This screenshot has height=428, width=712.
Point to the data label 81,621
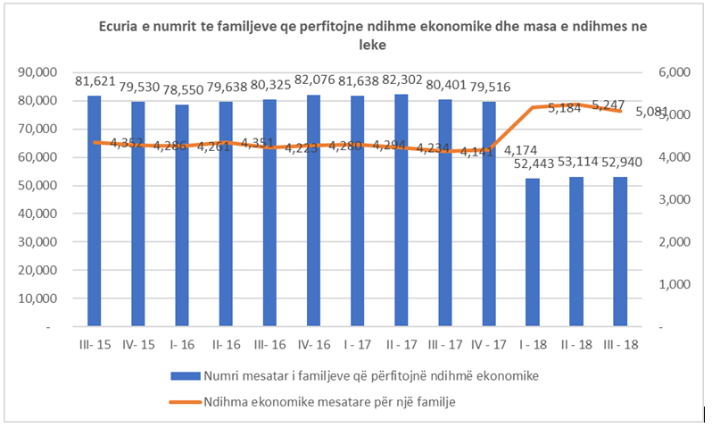click(x=94, y=81)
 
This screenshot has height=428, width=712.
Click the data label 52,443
click(x=530, y=164)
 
